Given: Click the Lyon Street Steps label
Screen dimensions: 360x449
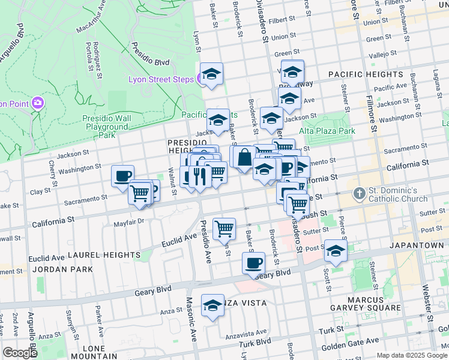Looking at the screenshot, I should click(x=160, y=79).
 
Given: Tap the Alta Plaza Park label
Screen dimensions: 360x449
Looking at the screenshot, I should click(x=327, y=131).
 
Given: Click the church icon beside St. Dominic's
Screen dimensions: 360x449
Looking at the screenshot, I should click(x=359, y=193).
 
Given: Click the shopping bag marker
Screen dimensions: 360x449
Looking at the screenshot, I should click(x=245, y=158).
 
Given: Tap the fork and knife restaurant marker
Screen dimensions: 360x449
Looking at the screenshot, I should click(x=200, y=175).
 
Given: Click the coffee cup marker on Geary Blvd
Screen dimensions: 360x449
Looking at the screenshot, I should click(x=254, y=263).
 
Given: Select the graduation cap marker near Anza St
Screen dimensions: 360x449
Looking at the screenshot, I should click(x=212, y=305).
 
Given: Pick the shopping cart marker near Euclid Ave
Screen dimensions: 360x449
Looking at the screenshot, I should click(x=224, y=228).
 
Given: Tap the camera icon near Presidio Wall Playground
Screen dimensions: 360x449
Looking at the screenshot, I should click(x=38, y=103).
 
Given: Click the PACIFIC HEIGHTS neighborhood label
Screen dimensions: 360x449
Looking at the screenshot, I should click(x=365, y=74).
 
